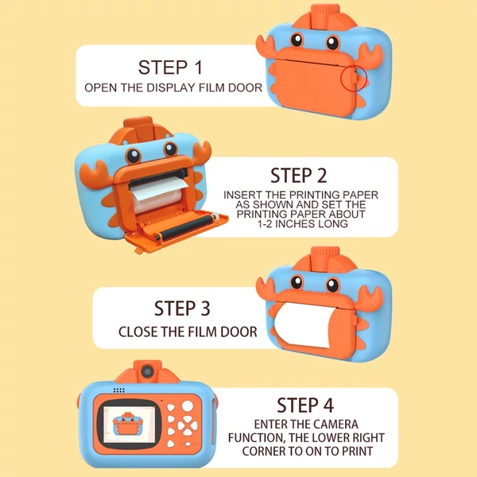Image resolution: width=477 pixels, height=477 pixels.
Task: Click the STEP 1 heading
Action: point(170,68)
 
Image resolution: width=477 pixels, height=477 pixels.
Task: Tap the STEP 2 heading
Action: point(299,176)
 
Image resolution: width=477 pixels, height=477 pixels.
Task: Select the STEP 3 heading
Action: point(182,308)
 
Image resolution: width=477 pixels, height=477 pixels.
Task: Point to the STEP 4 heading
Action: point(305,405)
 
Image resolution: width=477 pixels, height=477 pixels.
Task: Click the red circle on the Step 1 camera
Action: point(354,78)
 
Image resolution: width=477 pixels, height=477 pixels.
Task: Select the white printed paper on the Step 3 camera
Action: point(304,325)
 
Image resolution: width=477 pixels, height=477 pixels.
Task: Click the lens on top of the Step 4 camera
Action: point(148,371)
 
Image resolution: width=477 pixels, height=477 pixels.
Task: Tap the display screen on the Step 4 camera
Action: point(130,424)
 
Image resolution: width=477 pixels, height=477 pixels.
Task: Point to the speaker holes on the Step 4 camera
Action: point(119,390)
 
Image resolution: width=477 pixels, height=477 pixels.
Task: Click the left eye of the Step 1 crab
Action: point(297,40)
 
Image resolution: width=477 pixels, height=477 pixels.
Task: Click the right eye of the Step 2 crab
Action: point(171,149)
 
